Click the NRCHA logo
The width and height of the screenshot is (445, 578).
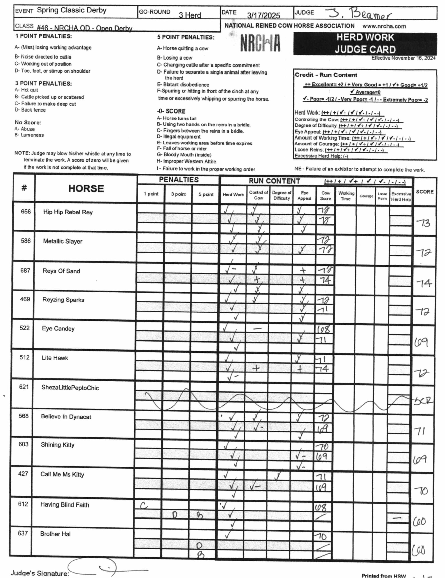click(x=260, y=43)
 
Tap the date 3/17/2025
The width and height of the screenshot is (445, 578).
click(x=263, y=15)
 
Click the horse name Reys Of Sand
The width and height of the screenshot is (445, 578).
click(x=61, y=271)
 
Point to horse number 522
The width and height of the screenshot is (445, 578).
click(x=24, y=328)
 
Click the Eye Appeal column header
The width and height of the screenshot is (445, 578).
click(x=304, y=196)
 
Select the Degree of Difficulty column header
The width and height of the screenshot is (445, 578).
click(x=282, y=195)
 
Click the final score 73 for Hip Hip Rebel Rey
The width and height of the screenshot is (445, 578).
click(x=423, y=223)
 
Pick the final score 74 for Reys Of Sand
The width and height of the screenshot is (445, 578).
click(x=424, y=283)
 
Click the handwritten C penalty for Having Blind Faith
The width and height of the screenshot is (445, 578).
click(x=144, y=506)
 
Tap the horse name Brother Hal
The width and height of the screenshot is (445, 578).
click(x=55, y=534)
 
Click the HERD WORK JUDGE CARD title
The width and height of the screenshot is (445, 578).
click(x=365, y=44)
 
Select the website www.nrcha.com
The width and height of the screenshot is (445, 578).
click(x=384, y=26)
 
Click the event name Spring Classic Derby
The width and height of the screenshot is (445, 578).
click(x=72, y=10)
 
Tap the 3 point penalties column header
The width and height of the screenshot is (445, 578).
click(x=178, y=194)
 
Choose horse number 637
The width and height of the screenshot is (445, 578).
click(x=23, y=533)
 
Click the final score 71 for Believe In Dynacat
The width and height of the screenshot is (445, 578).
click(x=421, y=431)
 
